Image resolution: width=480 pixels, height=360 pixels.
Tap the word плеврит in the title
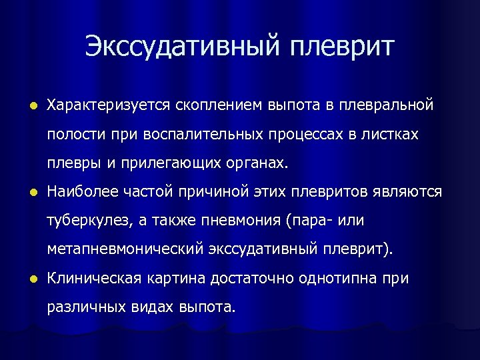click(343, 47)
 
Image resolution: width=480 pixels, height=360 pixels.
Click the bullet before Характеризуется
click(25, 105)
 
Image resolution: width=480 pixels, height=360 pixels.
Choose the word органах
click(260, 163)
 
